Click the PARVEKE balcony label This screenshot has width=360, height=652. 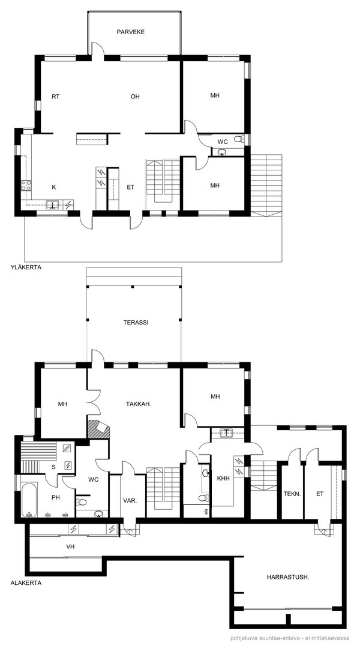pyautogui.click(x=131, y=32)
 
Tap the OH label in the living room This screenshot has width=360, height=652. pyautogui.click(x=135, y=97)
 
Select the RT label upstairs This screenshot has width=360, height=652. pyautogui.click(x=56, y=97)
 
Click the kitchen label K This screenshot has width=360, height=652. pyautogui.click(x=53, y=187)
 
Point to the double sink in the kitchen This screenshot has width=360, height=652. pyautogui.click(x=52, y=204)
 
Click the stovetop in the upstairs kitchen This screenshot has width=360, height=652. pyautogui.click(x=26, y=185)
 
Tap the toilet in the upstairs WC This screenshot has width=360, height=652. pyautogui.click(x=239, y=139)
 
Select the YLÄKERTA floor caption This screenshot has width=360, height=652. pyautogui.click(x=26, y=268)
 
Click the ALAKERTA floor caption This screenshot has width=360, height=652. pyautogui.click(x=26, y=583)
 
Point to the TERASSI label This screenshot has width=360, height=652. pyautogui.click(x=136, y=322)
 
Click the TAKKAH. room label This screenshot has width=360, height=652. pyautogui.click(x=138, y=403)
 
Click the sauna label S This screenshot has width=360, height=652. pyautogui.click(x=53, y=467)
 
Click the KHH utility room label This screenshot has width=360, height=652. pyautogui.click(x=223, y=478)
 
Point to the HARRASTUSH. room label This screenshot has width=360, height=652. pyautogui.click(x=287, y=577)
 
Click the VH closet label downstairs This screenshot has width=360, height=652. pyautogui.click(x=70, y=547)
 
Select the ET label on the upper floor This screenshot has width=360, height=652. pyautogui.click(x=131, y=187)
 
